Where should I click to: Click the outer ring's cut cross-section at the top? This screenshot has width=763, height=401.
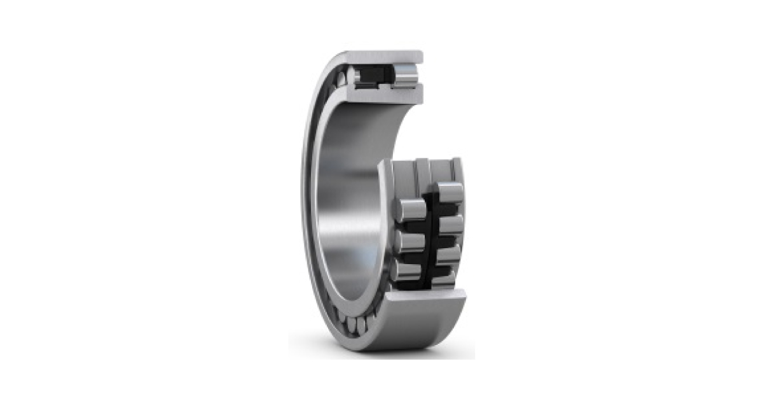381,57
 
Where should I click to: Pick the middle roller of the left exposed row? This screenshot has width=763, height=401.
411,241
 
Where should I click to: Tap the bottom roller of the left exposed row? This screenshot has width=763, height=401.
407,270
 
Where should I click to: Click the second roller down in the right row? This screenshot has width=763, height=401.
451,225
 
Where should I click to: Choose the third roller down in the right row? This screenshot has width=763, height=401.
449,254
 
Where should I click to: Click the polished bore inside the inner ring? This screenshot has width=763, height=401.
347,191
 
